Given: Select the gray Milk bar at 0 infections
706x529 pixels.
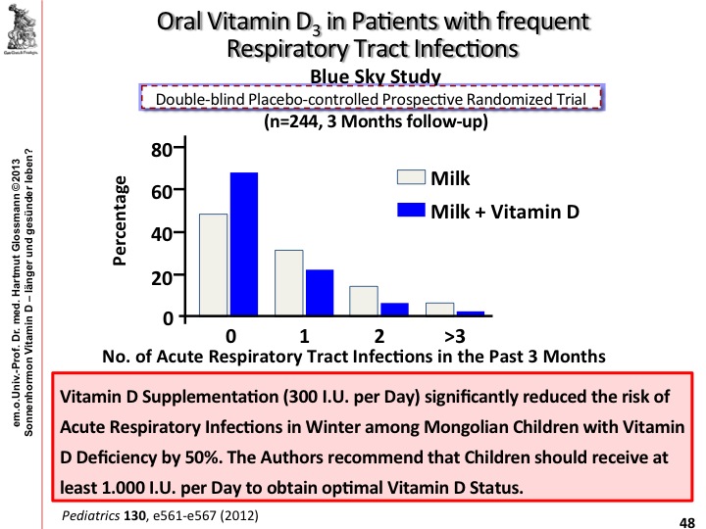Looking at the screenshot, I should tap(214, 265).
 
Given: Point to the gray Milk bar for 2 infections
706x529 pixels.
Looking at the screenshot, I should tap(363, 302).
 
